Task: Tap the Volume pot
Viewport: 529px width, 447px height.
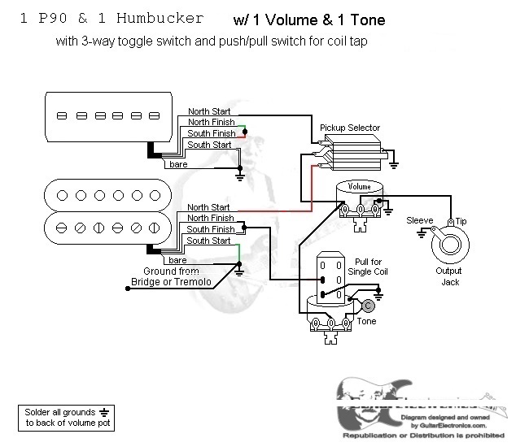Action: click(360, 200)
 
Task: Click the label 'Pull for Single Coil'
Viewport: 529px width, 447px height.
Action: click(363, 267)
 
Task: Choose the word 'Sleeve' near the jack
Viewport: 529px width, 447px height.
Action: click(420, 220)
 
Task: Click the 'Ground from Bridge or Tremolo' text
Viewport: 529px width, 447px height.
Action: click(171, 276)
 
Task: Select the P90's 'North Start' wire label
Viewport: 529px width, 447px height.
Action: click(209, 111)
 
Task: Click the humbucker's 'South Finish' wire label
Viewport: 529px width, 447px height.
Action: click(211, 229)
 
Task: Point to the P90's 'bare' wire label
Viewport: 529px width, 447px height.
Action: click(177, 164)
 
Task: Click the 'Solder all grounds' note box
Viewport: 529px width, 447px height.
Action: click(66, 418)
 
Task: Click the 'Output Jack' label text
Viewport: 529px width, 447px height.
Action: click(449, 276)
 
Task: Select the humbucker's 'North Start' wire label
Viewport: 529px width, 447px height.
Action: click(209, 207)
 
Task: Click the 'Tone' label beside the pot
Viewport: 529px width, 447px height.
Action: click(366, 322)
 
